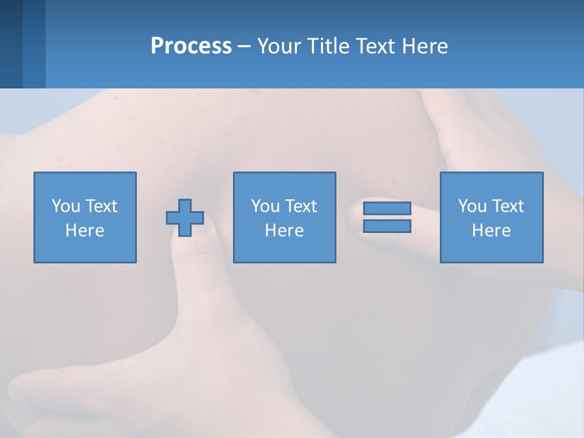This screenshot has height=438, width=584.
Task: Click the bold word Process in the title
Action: click(x=191, y=46)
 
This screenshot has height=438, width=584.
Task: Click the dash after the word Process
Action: click(x=245, y=46)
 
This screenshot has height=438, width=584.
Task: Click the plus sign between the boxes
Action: click(x=185, y=218)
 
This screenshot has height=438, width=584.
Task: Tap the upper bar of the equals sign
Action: click(x=387, y=209)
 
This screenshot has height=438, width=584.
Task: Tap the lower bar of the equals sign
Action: click(x=387, y=226)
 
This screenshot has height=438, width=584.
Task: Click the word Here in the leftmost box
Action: click(x=85, y=231)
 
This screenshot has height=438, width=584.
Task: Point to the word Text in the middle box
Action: click(x=302, y=206)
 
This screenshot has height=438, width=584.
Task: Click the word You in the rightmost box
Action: click(x=472, y=206)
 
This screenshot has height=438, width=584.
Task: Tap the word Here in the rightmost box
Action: click(x=491, y=231)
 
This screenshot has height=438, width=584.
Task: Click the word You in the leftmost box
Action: click(x=66, y=206)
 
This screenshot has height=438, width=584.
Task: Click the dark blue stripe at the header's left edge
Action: click(x=11, y=44)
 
